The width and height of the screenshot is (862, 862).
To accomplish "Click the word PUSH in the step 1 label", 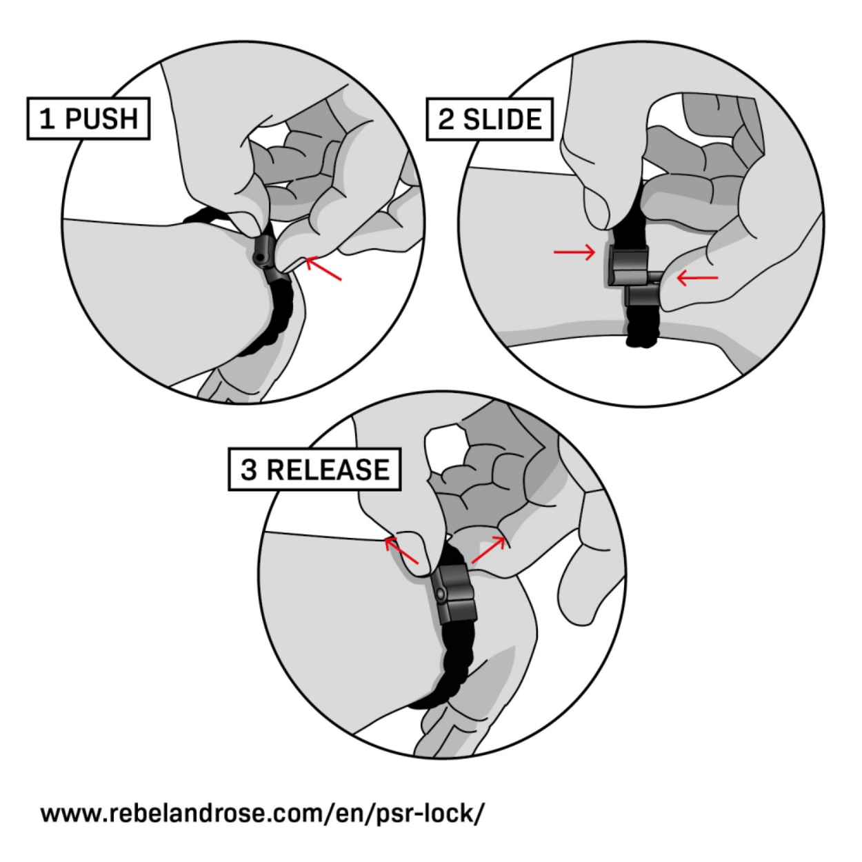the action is click(x=101, y=119).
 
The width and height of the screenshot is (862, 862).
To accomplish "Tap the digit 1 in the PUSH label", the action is click(x=46, y=119).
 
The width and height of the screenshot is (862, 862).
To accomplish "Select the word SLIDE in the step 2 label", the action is click(x=502, y=120).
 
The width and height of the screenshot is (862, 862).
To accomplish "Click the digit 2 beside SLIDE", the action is click(x=446, y=120).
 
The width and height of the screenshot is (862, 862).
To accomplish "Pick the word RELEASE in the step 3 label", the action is click(x=328, y=470).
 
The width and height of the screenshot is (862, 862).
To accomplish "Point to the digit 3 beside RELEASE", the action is click(x=249, y=470).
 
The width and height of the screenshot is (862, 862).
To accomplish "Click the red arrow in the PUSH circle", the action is click(x=323, y=268).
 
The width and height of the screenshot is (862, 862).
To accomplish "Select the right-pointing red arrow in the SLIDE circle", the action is click(x=574, y=252).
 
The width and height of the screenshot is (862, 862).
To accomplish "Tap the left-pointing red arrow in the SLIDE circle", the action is click(x=697, y=278).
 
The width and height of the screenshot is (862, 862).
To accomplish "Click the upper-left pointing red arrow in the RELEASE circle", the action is click(x=401, y=550).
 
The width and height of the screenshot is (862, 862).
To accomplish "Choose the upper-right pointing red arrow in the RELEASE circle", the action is click(x=488, y=549).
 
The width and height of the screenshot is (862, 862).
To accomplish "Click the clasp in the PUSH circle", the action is click(x=265, y=256).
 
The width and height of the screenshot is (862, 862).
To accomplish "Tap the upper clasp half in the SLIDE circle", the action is click(x=626, y=265).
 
